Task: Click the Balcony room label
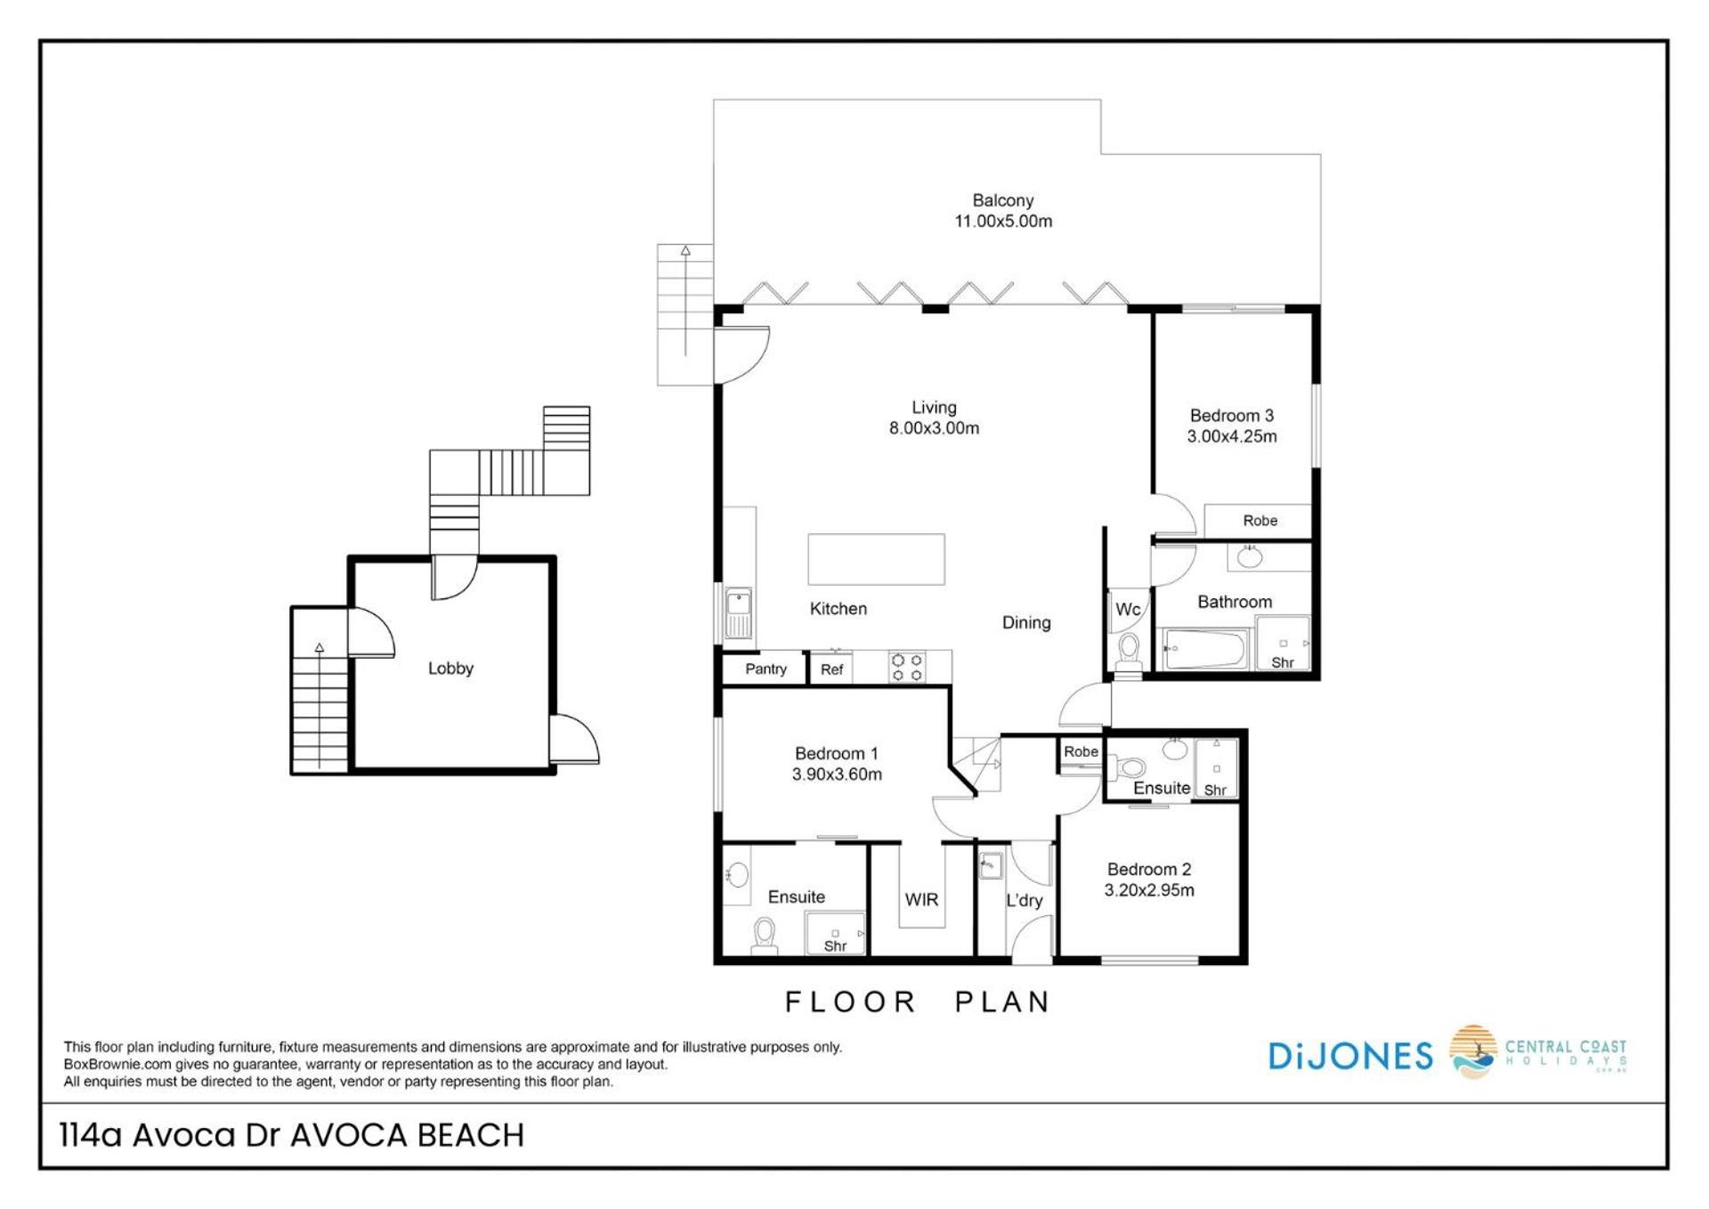(x=1002, y=200)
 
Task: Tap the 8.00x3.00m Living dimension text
(x=934, y=428)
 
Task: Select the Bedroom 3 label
(x=1231, y=415)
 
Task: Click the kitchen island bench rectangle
(x=876, y=559)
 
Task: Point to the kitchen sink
(x=738, y=613)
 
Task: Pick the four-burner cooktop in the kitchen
(x=907, y=667)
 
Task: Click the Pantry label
(x=765, y=669)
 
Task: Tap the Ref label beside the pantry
(x=831, y=669)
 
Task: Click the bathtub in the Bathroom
(x=1204, y=649)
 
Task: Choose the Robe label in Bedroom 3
(x=1259, y=521)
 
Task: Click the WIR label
(x=921, y=900)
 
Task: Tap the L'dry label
(x=1024, y=900)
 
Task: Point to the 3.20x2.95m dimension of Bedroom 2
(x=1149, y=890)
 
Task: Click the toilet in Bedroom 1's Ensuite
(x=764, y=936)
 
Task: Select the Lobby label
(x=450, y=668)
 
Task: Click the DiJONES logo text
(x=1350, y=1056)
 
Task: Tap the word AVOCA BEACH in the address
(x=408, y=1135)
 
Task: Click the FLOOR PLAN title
(x=918, y=1002)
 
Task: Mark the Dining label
(x=1026, y=623)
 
